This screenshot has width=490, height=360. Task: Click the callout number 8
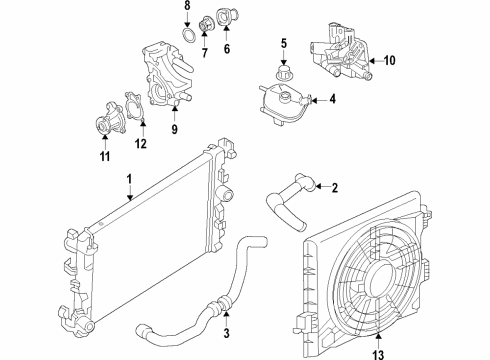pyautogui.click(x=187, y=6)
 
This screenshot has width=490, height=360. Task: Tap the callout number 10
pyautogui.click(x=389, y=61)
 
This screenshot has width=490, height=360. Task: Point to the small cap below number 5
pyautogui.click(x=283, y=73)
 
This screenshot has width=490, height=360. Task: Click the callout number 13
pyautogui.click(x=379, y=354)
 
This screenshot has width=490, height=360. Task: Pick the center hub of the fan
pyautogui.click(x=381, y=279)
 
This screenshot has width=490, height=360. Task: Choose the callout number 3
pyautogui.click(x=227, y=332)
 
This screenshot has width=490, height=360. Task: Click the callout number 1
pyautogui.click(x=129, y=179)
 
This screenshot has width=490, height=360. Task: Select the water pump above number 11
pyautogui.click(x=110, y=119)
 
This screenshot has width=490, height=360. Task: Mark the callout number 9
pyautogui.click(x=174, y=129)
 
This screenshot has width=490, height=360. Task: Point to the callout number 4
pyautogui.click(x=332, y=99)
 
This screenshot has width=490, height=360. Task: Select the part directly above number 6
pyautogui.click(x=228, y=17)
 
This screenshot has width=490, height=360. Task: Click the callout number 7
pyautogui.click(x=204, y=52)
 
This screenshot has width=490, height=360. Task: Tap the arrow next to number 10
pyautogui.click(x=376, y=61)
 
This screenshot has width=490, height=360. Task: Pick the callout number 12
pyautogui.click(x=141, y=144)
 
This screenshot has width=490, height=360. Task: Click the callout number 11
pyautogui.click(x=105, y=157)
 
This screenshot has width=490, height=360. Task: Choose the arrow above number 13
pyautogui.click(x=379, y=341)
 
